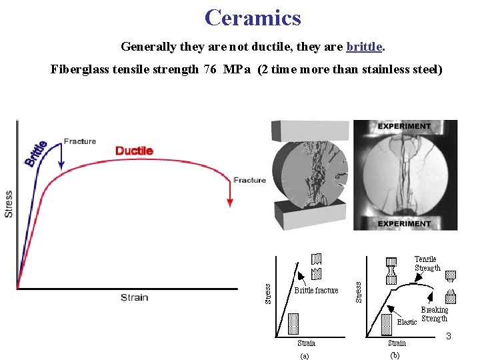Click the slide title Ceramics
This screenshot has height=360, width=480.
tap(253, 17)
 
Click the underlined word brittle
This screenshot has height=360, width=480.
tap(364, 47)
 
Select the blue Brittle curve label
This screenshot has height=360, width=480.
tap(36, 153)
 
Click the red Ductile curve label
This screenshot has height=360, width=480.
tap(134, 151)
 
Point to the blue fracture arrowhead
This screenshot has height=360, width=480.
tap(61, 165)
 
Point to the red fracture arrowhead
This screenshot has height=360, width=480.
tap(230, 201)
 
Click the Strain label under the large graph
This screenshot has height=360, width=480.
tap(134, 297)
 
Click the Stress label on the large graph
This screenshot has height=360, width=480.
tap(9, 203)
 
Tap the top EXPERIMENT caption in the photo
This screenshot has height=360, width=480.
tap(404, 127)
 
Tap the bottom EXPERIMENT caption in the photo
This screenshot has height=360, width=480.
tap(404, 224)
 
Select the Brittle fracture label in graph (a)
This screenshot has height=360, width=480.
tap(317, 291)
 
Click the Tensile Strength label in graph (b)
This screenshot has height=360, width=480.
tap(427, 263)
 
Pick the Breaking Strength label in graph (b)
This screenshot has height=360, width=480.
tap(434, 314)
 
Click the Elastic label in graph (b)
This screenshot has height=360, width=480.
tap(407, 322)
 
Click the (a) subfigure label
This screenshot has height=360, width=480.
tap(304, 355)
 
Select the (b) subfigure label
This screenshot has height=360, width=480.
tap(395, 355)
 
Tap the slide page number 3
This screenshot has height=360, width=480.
tap(449, 335)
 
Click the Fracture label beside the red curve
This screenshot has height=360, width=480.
tap(249, 180)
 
